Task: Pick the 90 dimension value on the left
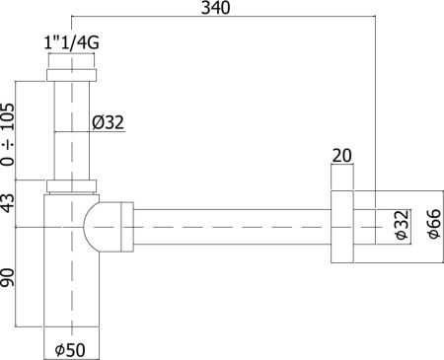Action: [x=10, y=277]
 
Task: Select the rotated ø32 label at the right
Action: [x=403, y=226]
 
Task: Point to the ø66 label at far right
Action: [x=432, y=227]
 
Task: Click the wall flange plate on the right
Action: [x=341, y=227]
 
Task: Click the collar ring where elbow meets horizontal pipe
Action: [x=125, y=226]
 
